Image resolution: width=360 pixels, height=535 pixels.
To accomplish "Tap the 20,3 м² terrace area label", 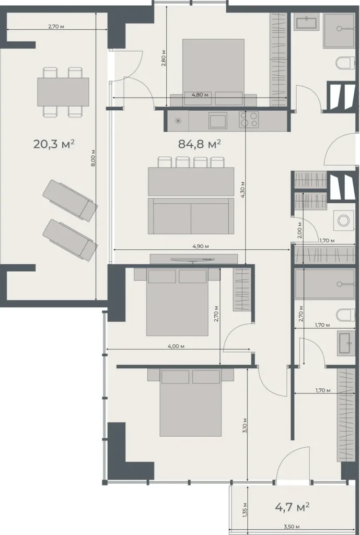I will click(x=54, y=144).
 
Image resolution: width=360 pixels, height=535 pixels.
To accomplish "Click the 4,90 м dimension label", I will click(x=201, y=246).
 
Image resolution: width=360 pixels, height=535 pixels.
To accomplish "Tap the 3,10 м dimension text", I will click(x=246, y=428).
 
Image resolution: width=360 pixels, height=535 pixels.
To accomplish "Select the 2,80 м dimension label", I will click(x=164, y=60).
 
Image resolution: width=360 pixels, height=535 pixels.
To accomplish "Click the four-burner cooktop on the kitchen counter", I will click(x=249, y=120).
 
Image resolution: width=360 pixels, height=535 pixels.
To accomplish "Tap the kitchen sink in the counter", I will click(x=217, y=121).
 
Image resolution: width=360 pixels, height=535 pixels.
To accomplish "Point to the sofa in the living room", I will click(x=191, y=215).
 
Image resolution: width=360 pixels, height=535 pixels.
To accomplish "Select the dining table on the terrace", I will click(x=63, y=91).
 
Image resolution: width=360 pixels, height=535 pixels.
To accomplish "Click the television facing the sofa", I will click(x=194, y=259).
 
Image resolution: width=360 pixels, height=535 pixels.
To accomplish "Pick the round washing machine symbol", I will click(x=343, y=220).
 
